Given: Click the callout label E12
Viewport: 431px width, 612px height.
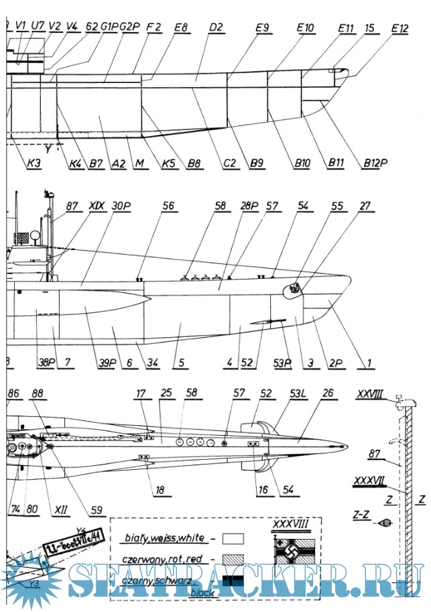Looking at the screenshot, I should pos(399,29).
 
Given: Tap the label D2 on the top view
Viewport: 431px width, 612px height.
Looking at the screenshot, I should pos(215,27).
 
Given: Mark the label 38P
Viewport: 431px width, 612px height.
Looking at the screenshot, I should pos(46,363).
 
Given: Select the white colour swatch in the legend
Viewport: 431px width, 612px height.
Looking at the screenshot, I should pos(233,538).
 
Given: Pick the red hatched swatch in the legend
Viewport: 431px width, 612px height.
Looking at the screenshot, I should pos(233,557).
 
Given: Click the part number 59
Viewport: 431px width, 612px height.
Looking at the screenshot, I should pos(98,510).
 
